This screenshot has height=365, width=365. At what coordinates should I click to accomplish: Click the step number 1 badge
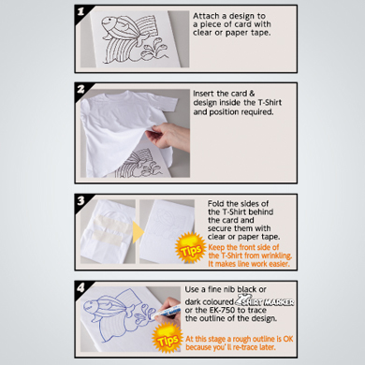click(81, 12)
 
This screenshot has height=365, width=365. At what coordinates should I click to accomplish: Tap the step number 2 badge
click(81, 90)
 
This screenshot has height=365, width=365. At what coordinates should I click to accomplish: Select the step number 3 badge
click(81, 200)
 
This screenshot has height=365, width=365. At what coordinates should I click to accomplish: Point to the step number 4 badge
click(81, 287)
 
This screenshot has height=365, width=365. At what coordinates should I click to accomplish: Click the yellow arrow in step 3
click(138, 232)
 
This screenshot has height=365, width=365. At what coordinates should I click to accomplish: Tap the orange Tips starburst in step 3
click(190, 248)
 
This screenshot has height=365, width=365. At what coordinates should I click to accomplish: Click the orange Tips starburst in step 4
click(168, 339)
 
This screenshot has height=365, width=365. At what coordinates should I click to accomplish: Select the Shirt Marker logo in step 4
click(265, 300)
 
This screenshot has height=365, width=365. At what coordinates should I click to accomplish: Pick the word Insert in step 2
click(204, 94)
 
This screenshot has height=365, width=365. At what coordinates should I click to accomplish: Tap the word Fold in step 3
click(216, 204)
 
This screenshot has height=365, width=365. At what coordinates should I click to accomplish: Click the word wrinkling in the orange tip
click(277, 255)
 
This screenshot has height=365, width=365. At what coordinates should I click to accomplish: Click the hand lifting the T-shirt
click(168, 136)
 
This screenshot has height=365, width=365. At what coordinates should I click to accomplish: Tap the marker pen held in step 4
click(168, 312)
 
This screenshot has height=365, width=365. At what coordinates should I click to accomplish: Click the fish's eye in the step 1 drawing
click(109, 22)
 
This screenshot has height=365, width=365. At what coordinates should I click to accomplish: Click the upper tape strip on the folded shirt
click(112, 221)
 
